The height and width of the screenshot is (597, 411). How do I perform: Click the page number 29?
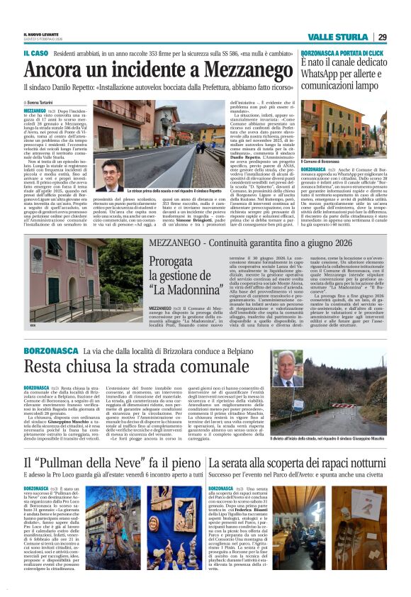coord(382,37)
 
